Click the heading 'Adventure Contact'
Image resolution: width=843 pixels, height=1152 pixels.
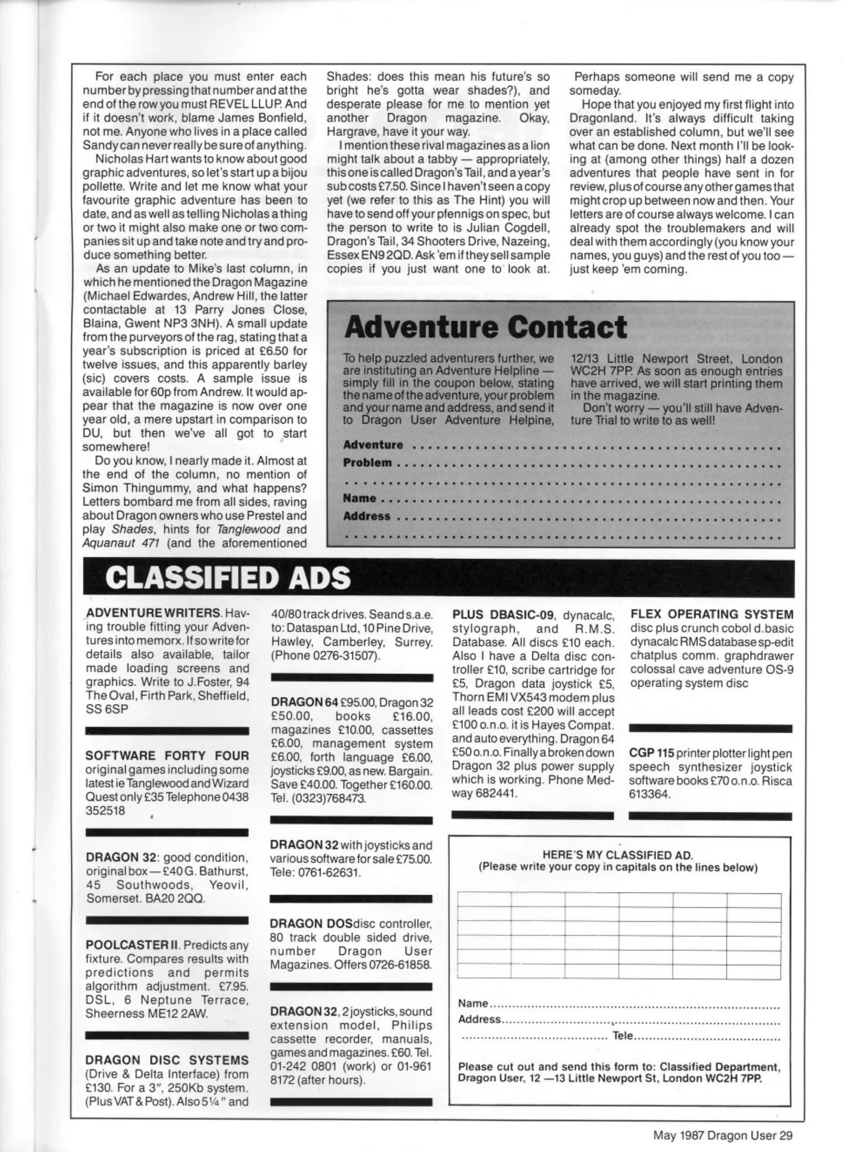[x=485, y=327]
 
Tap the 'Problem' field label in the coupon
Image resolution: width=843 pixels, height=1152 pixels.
[x=367, y=462]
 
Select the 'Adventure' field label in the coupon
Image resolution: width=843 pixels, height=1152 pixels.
[x=373, y=444]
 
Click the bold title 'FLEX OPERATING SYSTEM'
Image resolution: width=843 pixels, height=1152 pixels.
[x=711, y=614]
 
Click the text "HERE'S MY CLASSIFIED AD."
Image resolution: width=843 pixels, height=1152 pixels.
[x=617, y=855]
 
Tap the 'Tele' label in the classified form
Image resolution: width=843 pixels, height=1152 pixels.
[x=622, y=1035]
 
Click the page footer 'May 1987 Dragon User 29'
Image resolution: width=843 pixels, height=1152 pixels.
[x=722, y=1135]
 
